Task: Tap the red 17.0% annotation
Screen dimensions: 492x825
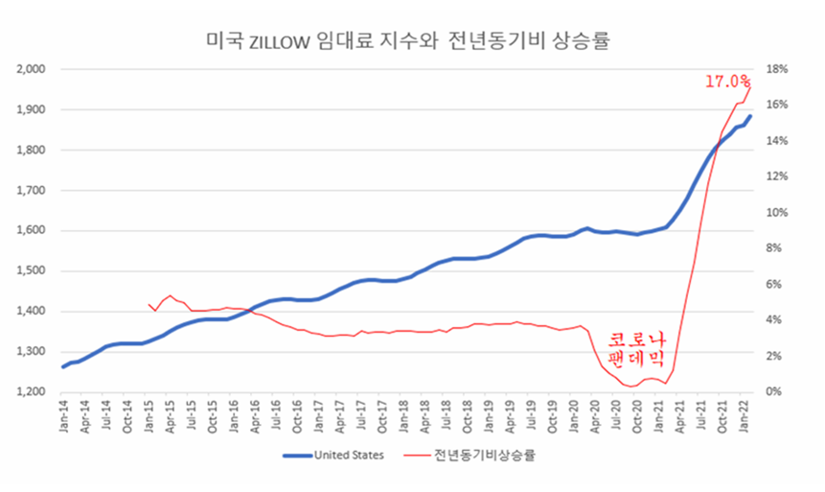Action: (x=727, y=82)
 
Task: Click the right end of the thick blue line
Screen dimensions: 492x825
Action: (x=750, y=116)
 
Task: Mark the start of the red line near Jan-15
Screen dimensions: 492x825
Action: (x=149, y=304)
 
